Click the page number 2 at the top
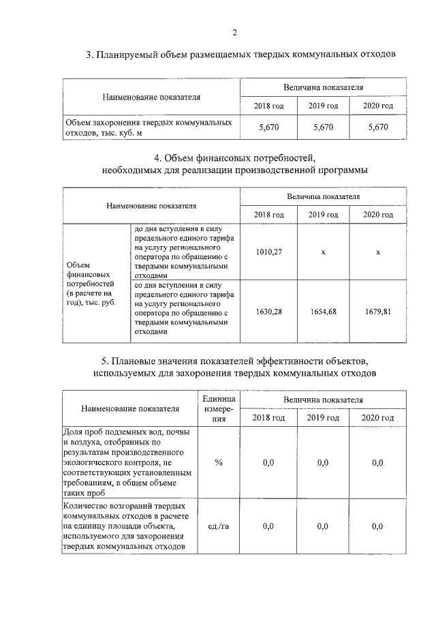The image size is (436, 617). (234, 31)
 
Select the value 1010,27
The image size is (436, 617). (269, 252)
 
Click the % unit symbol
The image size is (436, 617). (219, 463)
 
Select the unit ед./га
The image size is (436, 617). (219, 526)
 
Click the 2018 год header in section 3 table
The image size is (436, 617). (269, 106)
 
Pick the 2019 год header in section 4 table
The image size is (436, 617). (323, 215)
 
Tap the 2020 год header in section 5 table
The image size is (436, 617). (377, 417)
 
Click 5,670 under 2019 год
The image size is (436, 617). (323, 127)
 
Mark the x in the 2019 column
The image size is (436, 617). (323, 252)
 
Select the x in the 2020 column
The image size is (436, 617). (377, 252)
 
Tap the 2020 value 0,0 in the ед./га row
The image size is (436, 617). (377, 526)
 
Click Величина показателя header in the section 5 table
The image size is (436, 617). (323, 399)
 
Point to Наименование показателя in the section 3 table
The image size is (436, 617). (151, 97)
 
